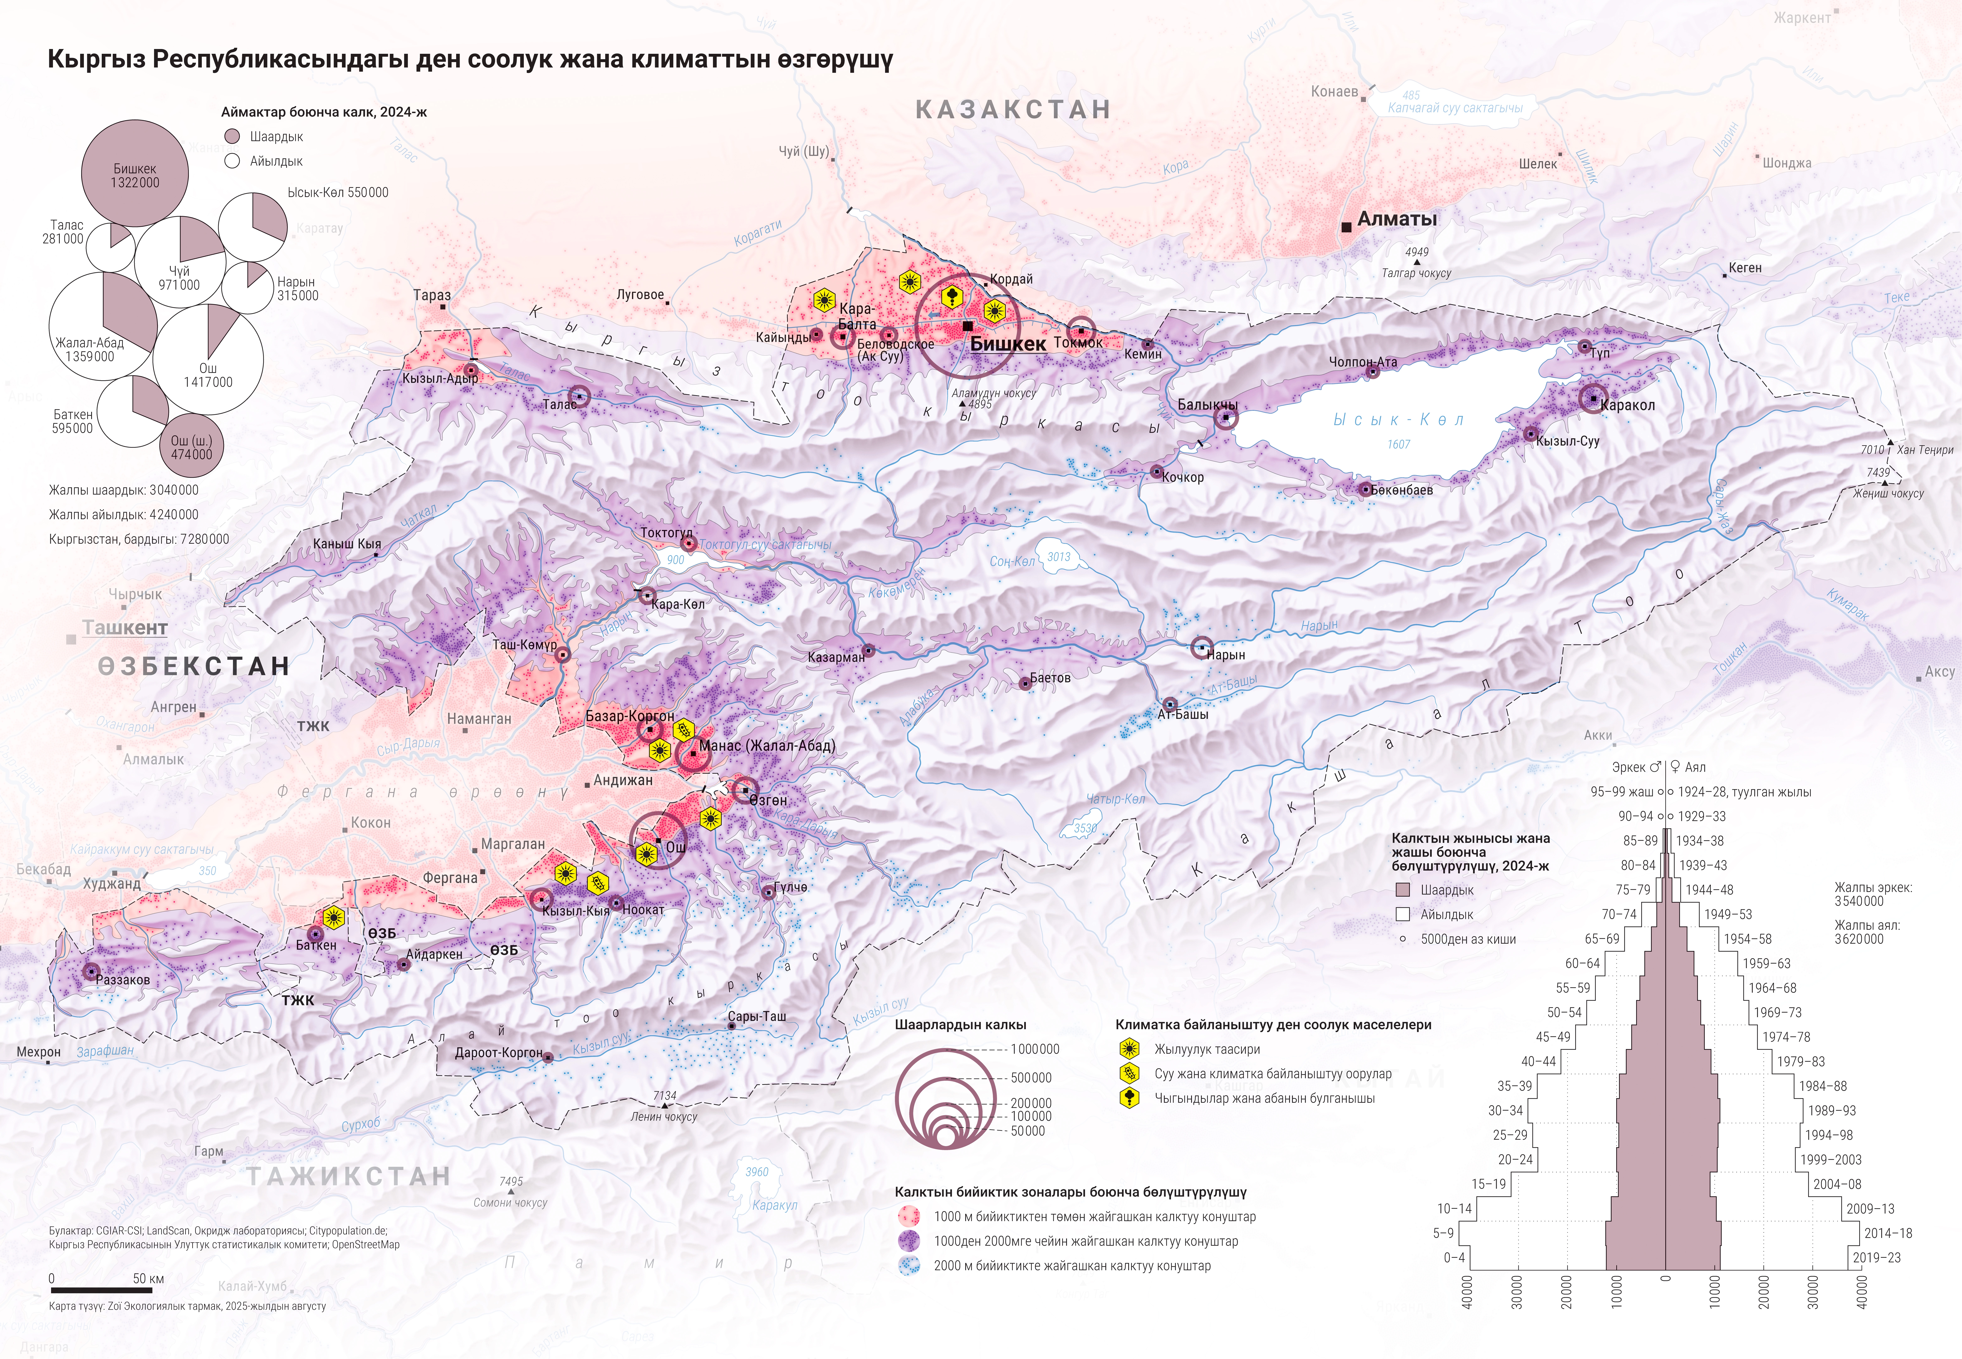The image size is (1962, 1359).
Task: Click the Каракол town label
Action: [1628, 405]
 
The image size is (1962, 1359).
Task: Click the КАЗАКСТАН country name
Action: [1013, 110]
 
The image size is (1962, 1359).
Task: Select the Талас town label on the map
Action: [559, 405]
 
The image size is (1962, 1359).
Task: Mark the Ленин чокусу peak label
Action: [664, 1116]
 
